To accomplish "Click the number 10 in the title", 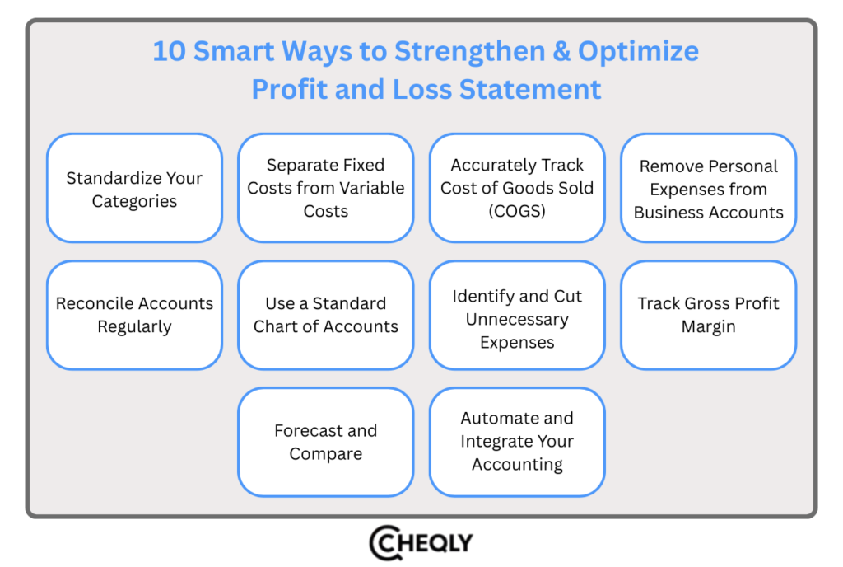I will [x=170, y=52].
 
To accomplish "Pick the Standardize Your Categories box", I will [x=134, y=189].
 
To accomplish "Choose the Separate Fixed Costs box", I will [x=326, y=189].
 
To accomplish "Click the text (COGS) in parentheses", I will [x=517, y=211].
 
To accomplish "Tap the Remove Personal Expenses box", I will [x=709, y=189].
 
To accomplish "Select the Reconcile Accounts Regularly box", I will [x=134, y=315].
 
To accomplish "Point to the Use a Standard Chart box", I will [x=326, y=315].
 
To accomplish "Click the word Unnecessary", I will [x=517, y=319].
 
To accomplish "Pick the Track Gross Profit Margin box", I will [x=709, y=315].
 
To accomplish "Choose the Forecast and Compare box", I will [x=326, y=442].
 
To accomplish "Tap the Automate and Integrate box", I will [x=517, y=442].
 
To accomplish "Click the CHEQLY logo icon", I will [x=385, y=543].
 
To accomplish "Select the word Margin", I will [x=709, y=326].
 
